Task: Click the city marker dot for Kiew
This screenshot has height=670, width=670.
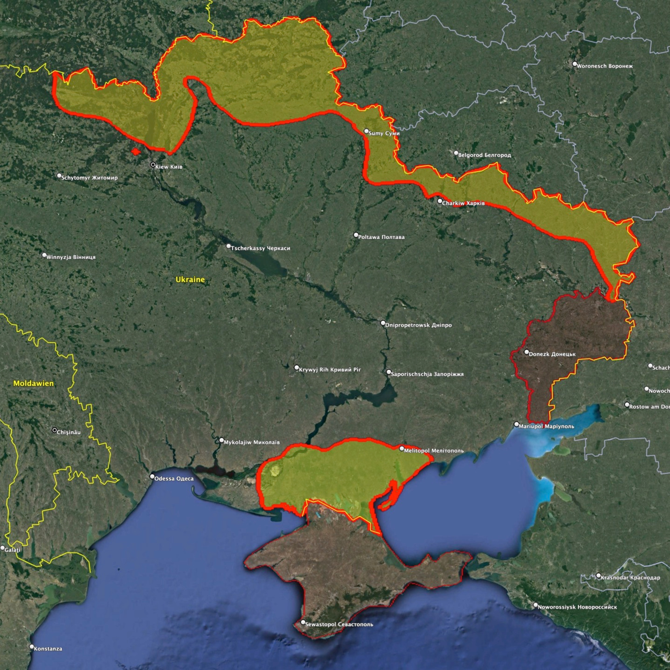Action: (x=153, y=165)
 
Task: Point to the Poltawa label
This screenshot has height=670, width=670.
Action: (x=381, y=237)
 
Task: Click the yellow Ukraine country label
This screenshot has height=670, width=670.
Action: (x=190, y=280)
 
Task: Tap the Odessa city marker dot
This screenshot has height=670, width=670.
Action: (x=152, y=477)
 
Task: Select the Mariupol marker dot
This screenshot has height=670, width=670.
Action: (x=516, y=424)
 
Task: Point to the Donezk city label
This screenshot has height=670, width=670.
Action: (x=552, y=354)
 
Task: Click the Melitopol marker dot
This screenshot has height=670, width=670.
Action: (x=402, y=449)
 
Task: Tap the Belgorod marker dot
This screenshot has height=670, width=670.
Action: (x=456, y=153)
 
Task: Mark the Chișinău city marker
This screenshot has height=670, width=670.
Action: (x=54, y=430)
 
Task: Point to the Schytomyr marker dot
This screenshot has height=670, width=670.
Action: (x=59, y=176)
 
